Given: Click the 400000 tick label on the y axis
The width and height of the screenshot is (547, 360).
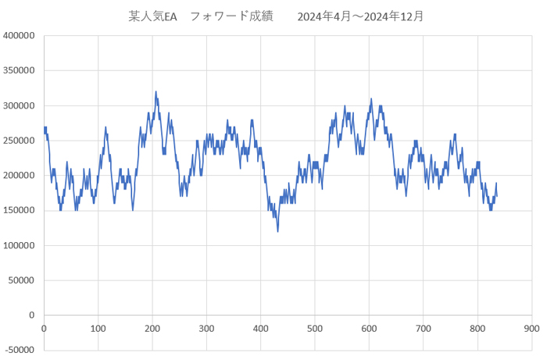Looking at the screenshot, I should [x=19, y=35].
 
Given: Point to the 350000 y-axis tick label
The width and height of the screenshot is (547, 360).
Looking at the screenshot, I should [x=19, y=70].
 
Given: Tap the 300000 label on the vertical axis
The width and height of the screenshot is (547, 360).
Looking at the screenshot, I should [x=19, y=105].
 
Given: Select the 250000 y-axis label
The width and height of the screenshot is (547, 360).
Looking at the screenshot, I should [x=19, y=141].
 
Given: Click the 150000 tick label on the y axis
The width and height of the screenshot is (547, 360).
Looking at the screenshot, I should [x=19, y=210].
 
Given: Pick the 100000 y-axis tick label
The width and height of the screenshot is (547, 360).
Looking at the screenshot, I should [x=19, y=245].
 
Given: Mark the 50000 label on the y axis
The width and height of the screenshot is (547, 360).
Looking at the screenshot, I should [x=21, y=280].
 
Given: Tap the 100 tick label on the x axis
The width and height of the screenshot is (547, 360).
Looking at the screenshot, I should [x=98, y=329].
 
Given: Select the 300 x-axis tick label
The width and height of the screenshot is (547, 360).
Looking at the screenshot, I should [x=206, y=329].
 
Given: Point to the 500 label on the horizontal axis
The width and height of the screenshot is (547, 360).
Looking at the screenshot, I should [x=315, y=329].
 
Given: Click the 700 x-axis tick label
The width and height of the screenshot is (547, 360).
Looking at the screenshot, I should [x=423, y=329].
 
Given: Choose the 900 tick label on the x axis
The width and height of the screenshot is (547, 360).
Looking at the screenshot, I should [x=531, y=329].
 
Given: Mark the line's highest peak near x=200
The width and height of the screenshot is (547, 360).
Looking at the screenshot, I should [x=156, y=91].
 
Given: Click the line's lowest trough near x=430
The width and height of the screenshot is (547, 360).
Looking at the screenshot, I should [x=277, y=231].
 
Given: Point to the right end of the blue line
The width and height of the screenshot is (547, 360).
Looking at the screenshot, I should [x=496, y=194].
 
